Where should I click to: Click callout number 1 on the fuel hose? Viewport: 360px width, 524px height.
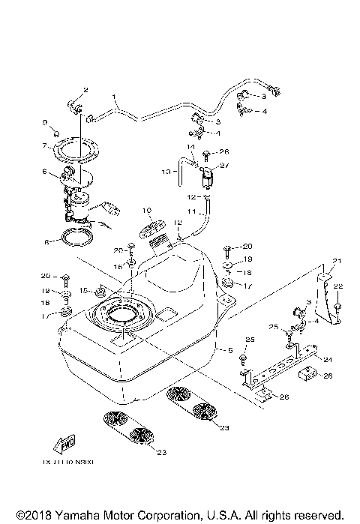click(115, 97)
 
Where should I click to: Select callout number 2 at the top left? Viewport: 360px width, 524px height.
click(85, 90)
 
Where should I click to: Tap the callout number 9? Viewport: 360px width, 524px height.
click(45, 123)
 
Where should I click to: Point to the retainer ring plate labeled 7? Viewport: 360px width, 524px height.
click(78, 150)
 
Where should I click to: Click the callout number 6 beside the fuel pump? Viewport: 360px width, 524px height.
click(44, 172)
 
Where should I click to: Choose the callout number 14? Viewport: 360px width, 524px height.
click(190, 146)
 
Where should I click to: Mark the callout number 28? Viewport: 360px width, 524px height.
click(224, 151)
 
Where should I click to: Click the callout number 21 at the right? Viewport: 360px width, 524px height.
click(337, 261)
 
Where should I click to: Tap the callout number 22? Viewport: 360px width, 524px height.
click(338, 286)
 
